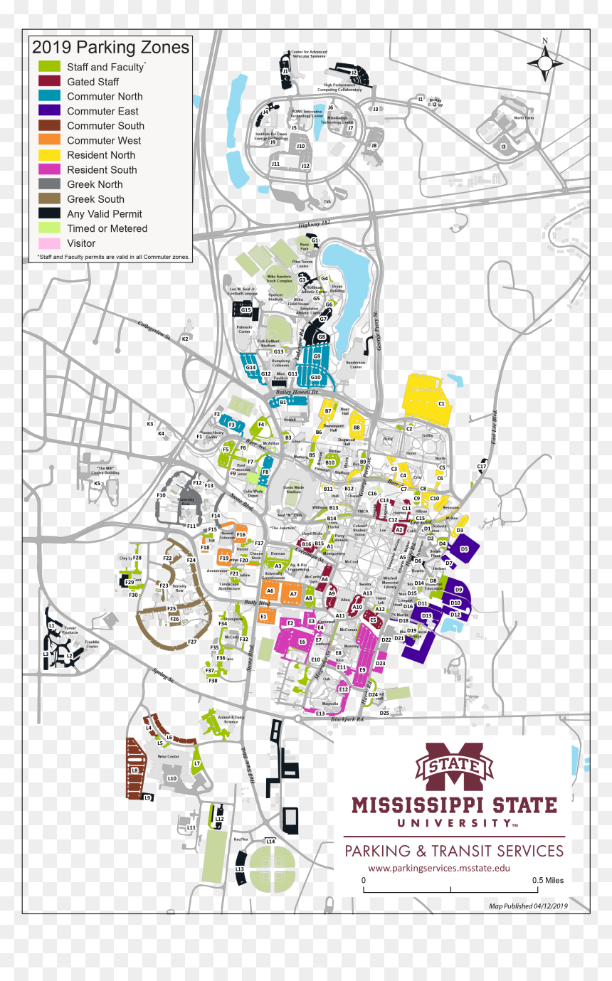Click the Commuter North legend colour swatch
pyautogui.click(x=49, y=96)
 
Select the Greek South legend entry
pyautogui.click(x=95, y=199)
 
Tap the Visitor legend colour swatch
pyautogui.click(x=49, y=243)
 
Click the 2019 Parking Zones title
pyautogui.click(x=111, y=48)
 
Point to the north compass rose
pyautogui.click(x=545, y=62)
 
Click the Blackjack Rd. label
pyautogui.click(x=348, y=719)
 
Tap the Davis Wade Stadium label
pyautogui.click(x=294, y=489)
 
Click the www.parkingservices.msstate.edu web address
pyautogui.click(x=439, y=868)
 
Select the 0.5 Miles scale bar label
pyautogui.click(x=548, y=880)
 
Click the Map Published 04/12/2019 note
pyautogui.click(x=528, y=906)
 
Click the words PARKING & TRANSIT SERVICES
pyautogui.click(x=454, y=851)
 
